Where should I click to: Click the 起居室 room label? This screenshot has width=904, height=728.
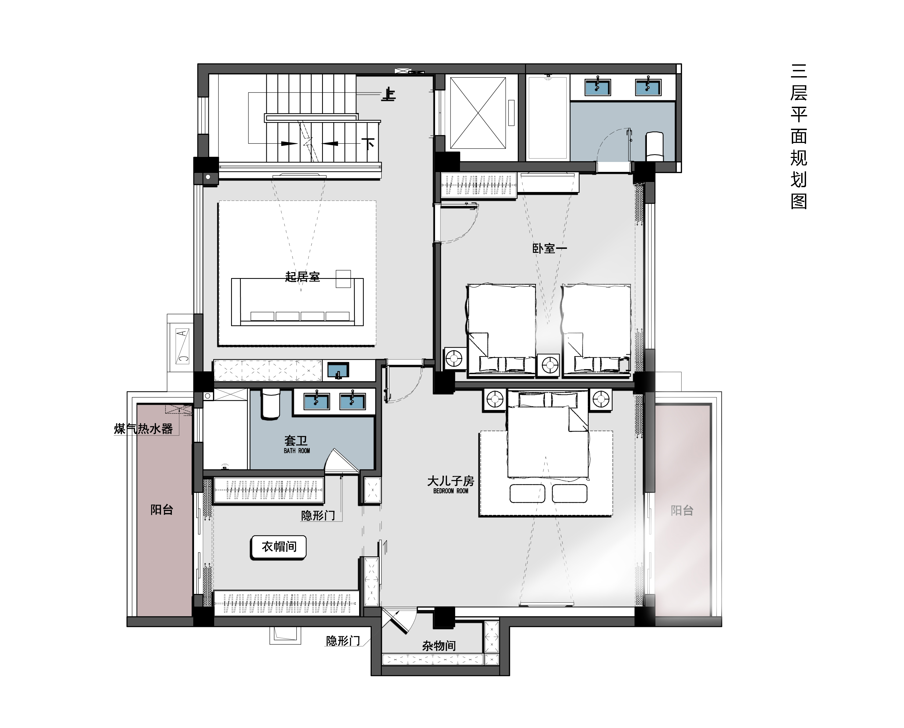302,277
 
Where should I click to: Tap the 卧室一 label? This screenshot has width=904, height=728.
549,249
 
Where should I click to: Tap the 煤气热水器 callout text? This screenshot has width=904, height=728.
144,428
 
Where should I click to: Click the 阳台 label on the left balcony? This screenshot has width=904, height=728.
162,510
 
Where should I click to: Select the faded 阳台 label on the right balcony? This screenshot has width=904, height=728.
682,510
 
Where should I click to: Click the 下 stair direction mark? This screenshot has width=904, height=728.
369,144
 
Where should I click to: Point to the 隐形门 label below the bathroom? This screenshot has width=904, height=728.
318,515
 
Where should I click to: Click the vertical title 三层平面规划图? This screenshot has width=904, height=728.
799,137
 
